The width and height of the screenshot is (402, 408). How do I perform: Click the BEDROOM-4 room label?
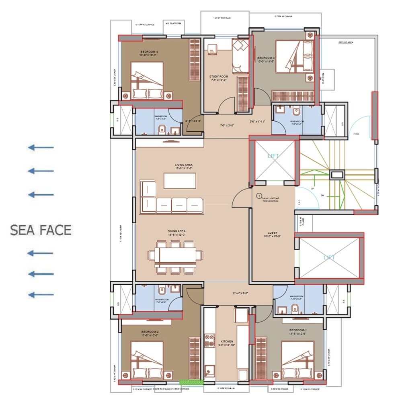149,52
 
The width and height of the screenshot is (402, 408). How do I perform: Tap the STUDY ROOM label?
219,76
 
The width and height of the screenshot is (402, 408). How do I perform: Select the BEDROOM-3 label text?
265,58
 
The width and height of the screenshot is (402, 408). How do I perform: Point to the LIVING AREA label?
184,165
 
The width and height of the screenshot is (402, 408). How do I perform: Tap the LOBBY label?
273,233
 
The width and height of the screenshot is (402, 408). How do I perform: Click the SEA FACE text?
41,230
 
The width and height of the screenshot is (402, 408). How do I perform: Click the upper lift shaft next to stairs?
275,160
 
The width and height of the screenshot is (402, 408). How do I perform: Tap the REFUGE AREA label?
346,42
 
